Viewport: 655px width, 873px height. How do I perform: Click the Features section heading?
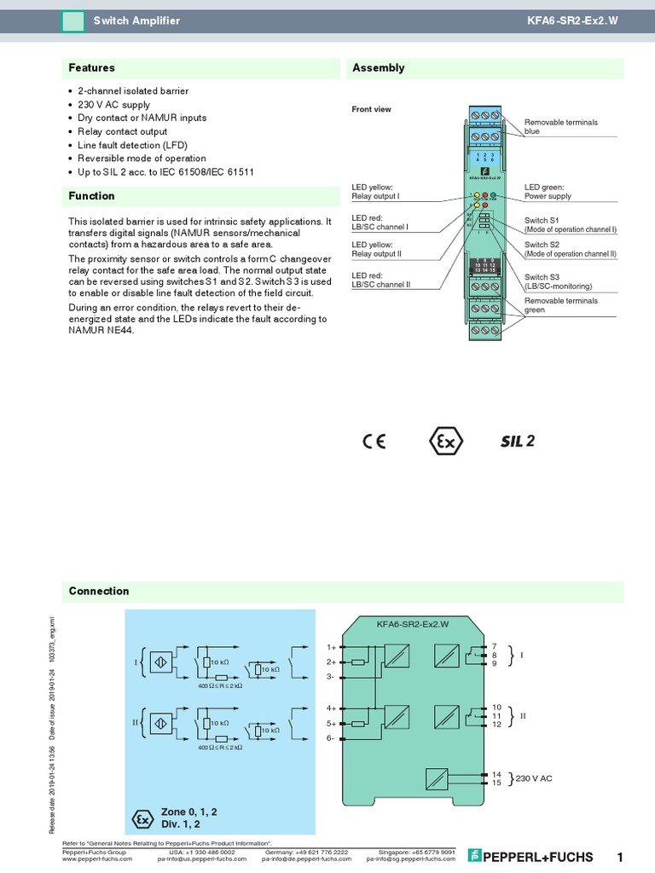pos(91,68)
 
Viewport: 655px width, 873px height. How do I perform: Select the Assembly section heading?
pos(379,68)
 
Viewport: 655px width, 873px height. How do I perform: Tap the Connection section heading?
pos(99,592)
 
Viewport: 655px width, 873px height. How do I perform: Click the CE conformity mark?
pos(374,442)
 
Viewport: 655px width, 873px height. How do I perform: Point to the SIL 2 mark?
pos(517,442)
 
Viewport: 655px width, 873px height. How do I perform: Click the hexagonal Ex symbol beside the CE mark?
pos(445,442)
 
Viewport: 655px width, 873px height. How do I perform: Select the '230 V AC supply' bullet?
pos(113,104)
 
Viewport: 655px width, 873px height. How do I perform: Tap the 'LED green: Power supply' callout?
pos(548,191)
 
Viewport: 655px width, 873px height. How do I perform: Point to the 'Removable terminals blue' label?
pos(560,127)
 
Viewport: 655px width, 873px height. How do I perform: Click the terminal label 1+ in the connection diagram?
pos(332,646)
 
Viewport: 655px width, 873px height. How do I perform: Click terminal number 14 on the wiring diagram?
pos(496,774)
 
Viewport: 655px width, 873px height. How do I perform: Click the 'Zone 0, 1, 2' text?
pos(188,812)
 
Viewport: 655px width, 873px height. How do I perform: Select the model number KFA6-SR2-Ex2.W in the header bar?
pos(589,20)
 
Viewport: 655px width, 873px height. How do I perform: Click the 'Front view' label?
pos(372,109)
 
